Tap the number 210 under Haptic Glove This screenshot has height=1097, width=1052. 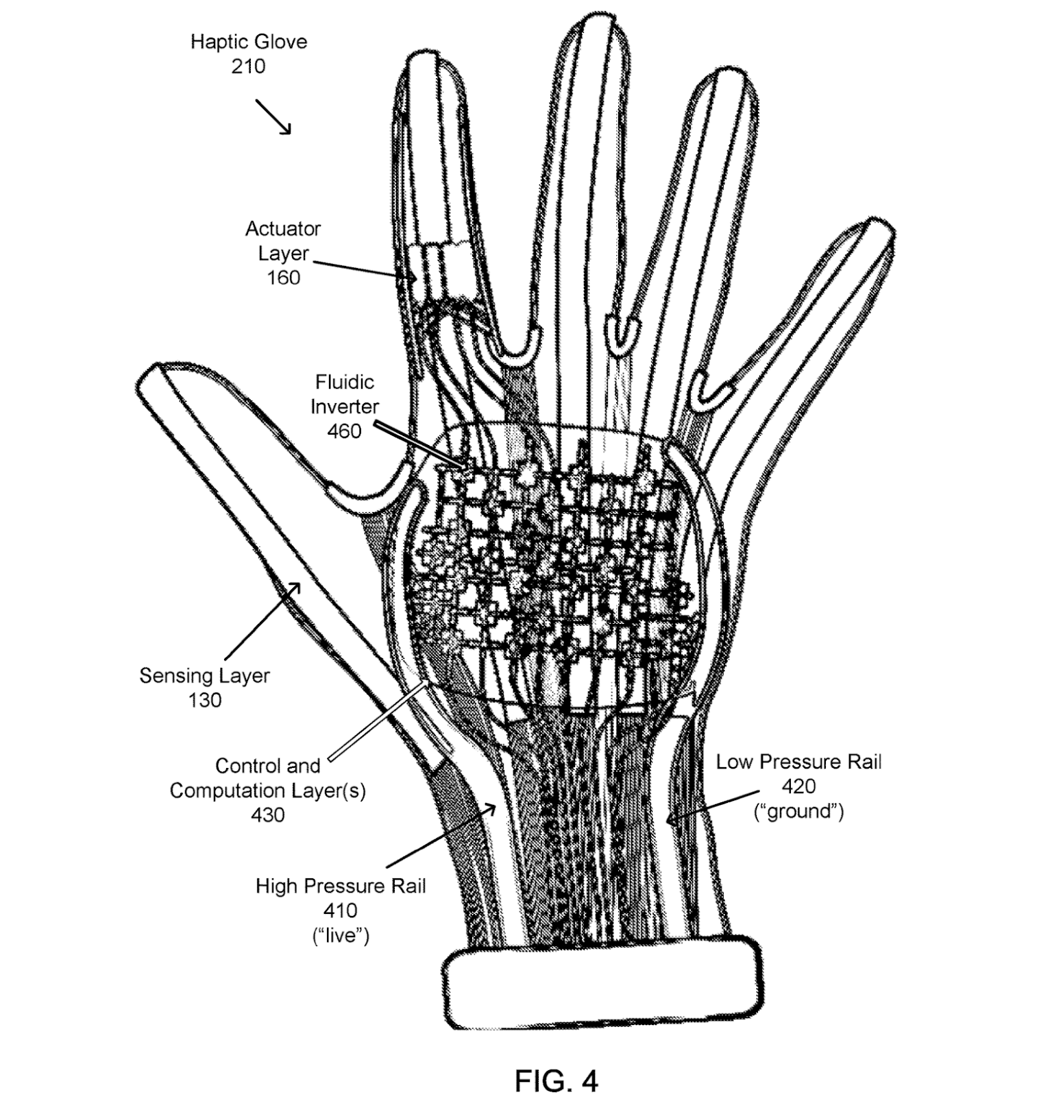click(248, 67)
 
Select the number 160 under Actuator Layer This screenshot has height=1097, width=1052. click(283, 278)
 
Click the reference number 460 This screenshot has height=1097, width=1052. click(344, 431)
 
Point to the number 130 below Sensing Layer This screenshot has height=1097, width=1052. click(205, 700)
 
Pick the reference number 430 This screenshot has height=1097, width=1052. click(267, 815)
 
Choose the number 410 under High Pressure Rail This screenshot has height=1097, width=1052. click(340, 911)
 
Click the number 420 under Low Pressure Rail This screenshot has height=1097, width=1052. click(798, 786)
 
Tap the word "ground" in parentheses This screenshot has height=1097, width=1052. click(798, 812)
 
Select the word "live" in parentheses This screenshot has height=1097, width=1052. click(341, 936)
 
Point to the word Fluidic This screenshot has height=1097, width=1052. click(344, 382)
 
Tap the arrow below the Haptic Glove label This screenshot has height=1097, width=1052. click(274, 117)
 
